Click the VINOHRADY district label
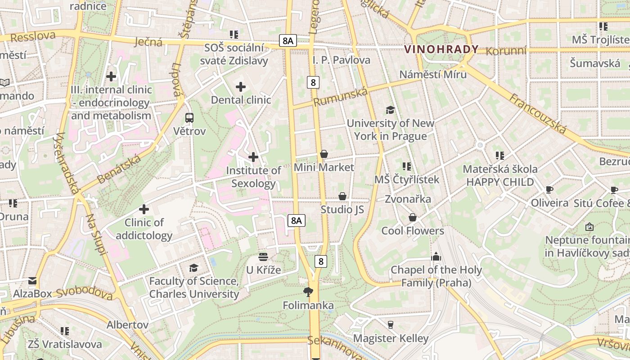pos(441,49)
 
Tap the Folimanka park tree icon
pos(308,292)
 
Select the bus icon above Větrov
pos(189,118)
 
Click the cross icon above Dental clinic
pos(241,86)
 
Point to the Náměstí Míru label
pos(433,74)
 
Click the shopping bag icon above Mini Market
pos(324,154)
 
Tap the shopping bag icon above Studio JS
pos(342,196)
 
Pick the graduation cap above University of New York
pos(390,110)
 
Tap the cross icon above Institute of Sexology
pos(253,157)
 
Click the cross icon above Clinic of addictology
pos(144,209)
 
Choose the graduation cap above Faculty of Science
pos(193,268)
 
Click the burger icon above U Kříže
pos(263,257)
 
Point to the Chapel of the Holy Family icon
pos(436,257)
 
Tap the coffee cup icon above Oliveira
pos(549,189)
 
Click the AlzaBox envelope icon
pos(32,281)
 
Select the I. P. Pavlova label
pos(342,60)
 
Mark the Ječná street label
pos(148,42)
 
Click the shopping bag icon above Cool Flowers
pos(412,218)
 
